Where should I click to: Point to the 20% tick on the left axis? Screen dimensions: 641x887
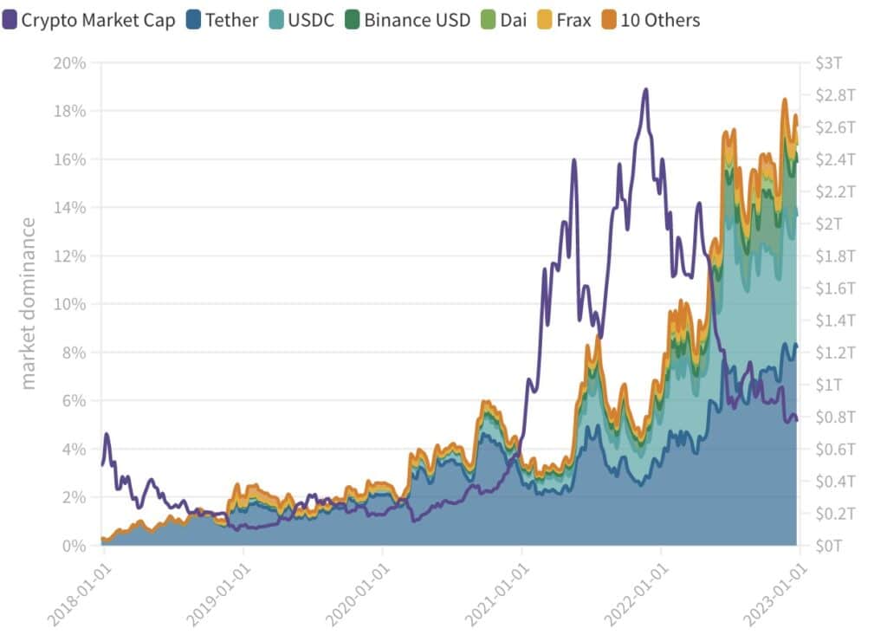[69, 63]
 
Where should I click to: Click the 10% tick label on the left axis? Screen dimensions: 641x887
[69, 304]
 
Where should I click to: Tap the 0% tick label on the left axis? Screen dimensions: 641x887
[74, 546]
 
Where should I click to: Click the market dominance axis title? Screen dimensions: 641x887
[29, 304]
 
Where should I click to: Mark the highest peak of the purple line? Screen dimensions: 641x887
[645, 89]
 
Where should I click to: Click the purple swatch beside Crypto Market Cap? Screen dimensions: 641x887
[10, 19]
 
